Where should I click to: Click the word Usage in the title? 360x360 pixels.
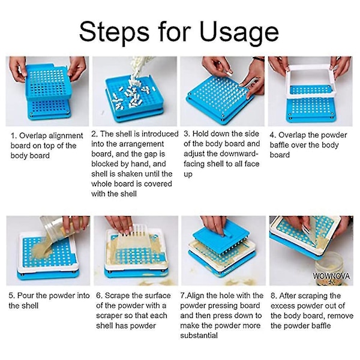(239, 32)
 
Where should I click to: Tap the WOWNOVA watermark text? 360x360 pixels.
(331, 276)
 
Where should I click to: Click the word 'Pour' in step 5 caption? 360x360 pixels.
(25, 295)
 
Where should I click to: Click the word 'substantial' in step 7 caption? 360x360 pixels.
(199, 335)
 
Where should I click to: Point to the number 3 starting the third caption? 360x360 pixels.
(186, 134)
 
